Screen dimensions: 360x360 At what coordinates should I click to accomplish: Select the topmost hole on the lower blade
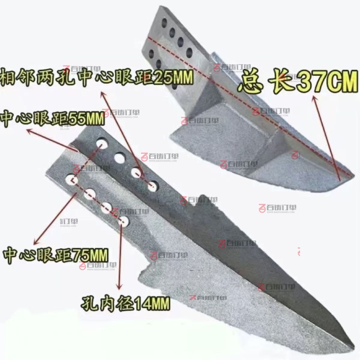[x=102, y=143]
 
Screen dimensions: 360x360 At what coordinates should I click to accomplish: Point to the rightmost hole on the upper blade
[x=189, y=53]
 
